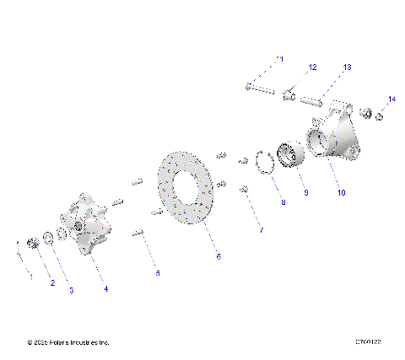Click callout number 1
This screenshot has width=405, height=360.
click(31, 276)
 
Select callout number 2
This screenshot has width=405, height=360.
click(52, 283)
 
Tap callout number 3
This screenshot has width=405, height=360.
click(71, 290)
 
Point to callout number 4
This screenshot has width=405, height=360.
click(105, 289)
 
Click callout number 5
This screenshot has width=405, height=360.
click(156, 273)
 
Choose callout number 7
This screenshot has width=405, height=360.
click(261, 229)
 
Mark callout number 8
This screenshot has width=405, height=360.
click(283, 203)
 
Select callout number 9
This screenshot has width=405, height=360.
click(305, 192)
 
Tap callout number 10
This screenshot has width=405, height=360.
click(341, 192)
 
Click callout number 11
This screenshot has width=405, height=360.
click(280, 58)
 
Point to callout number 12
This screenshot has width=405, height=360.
click(311, 67)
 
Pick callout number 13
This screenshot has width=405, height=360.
click(346, 67)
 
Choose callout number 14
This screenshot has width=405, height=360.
click(391, 99)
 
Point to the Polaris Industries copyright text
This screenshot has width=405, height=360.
click(68, 342)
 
